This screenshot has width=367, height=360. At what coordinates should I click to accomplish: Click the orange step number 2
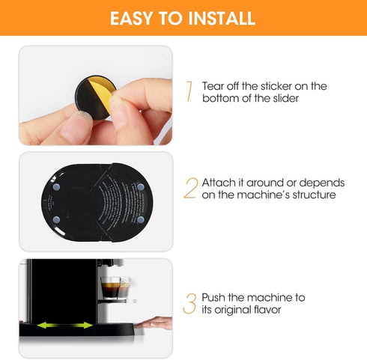tap(189, 187)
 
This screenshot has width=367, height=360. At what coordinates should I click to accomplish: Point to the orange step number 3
tap(189, 303)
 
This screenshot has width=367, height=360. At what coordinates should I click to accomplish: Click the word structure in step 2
tap(313, 195)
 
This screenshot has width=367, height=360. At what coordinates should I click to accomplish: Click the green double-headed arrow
tap(67, 325)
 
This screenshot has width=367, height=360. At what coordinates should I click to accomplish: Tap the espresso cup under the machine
tap(115, 288)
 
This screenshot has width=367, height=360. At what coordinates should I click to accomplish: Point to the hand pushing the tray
tap(154, 323)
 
